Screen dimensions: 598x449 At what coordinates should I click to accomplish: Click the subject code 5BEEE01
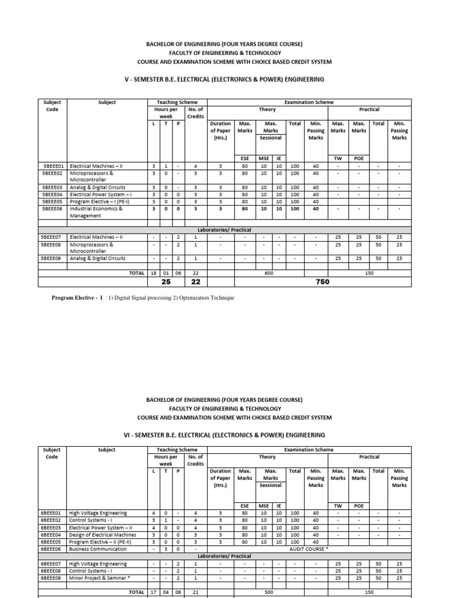click(x=53, y=166)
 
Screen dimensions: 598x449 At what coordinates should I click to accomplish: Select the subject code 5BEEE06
click(x=53, y=208)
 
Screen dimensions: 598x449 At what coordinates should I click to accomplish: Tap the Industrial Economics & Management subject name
click(x=96, y=212)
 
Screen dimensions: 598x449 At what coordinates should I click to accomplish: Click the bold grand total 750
click(x=322, y=282)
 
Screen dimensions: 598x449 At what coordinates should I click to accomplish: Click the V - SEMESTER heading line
click(x=224, y=79)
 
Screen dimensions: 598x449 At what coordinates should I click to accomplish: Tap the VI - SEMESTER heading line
click(x=224, y=435)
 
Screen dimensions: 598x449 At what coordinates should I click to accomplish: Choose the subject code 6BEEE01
click(x=53, y=513)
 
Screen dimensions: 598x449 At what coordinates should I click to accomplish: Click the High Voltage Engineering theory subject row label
click(x=98, y=513)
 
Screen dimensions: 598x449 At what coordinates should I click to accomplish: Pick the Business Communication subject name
click(x=98, y=549)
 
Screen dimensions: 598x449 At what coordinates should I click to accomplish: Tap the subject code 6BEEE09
click(x=53, y=578)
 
